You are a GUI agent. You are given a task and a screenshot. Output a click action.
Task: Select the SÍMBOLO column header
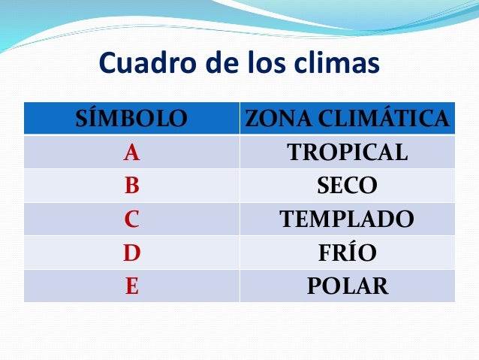pyautogui.click(x=131, y=119)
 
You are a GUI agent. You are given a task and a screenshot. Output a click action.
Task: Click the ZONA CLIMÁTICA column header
pyautogui.click(x=347, y=119)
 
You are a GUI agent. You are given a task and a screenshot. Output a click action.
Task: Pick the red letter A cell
pyautogui.click(x=131, y=153)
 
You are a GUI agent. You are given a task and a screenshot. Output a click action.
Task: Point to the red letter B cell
pyautogui.click(x=131, y=186)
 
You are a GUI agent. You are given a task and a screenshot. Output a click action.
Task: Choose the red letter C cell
pyautogui.click(x=131, y=219)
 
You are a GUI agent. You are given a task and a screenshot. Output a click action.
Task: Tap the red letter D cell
pyautogui.click(x=131, y=253)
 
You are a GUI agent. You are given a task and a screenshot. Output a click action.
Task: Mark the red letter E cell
pyautogui.click(x=131, y=286)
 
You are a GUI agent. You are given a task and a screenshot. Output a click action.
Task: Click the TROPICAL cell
pyautogui.click(x=347, y=153)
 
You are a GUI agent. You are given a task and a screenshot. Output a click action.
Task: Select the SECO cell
pyautogui.click(x=347, y=186)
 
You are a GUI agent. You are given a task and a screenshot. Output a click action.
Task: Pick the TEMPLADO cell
pyautogui.click(x=347, y=219)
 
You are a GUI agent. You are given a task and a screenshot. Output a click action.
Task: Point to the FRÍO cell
pyautogui.click(x=347, y=253)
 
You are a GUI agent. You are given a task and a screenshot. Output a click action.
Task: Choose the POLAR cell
pyautogui.click(x=347, y=286)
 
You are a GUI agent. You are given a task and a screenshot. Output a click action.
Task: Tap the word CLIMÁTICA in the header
pyautogui.click(x=382, y=119)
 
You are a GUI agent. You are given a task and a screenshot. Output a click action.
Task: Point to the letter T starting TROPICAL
pyautogui.click(x=294, y=153)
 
